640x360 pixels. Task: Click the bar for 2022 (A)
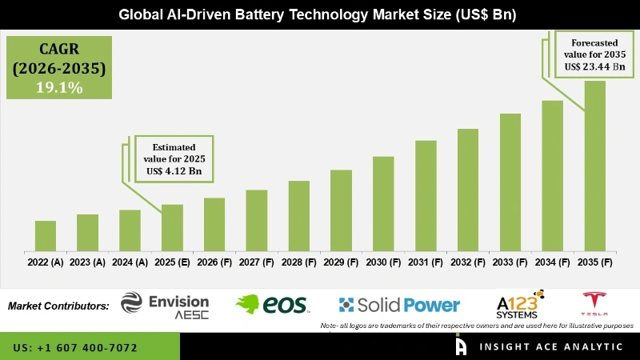46,235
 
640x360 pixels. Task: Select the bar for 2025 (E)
172,227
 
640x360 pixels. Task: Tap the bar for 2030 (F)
383,203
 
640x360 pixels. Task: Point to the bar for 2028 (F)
298,215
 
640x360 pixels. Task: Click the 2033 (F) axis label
510,262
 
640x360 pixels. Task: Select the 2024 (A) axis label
130,262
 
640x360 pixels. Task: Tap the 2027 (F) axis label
257,262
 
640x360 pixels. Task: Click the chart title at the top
320,14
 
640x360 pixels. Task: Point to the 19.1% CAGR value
58,88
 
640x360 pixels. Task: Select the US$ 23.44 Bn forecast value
593,66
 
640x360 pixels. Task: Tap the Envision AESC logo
165,305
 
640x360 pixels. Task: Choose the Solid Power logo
399,305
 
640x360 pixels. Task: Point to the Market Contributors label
58,306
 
